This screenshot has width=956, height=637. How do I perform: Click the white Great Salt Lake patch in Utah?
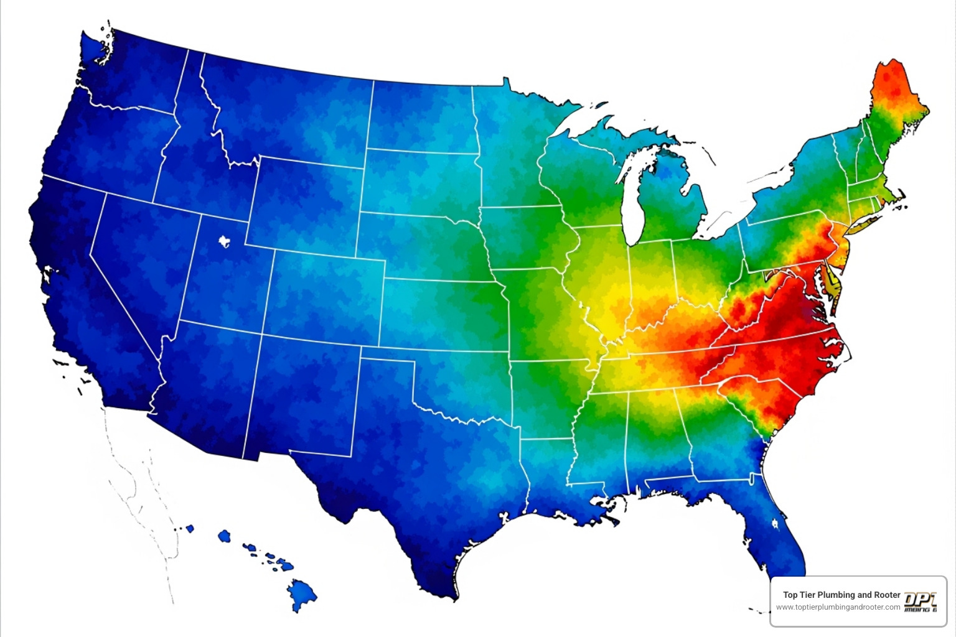tap(224, 241)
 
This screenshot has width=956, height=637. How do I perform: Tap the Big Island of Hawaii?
tap(302, 594)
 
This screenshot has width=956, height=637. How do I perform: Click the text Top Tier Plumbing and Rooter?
tap(841, 595)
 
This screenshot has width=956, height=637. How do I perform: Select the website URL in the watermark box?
tap(838, 607)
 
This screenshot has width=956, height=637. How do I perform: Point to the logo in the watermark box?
tap(920, 602)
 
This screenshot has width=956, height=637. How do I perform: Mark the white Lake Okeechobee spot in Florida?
tap(776, 524)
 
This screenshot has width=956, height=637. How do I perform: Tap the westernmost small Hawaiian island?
tap(189, 529)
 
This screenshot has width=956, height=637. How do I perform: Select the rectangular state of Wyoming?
tap(305, 205)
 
